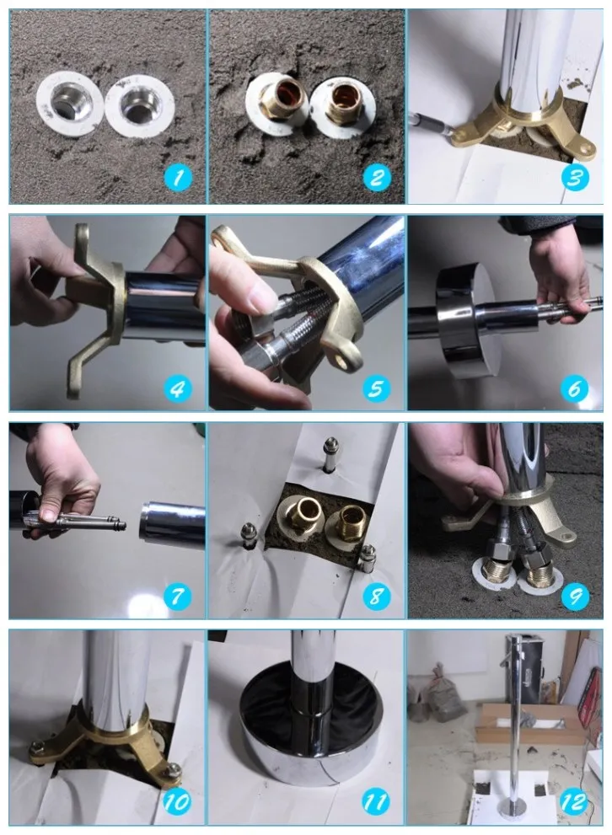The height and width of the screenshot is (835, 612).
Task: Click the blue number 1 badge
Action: tap(177, 177)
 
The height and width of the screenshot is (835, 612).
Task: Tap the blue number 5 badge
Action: tap(376, 388)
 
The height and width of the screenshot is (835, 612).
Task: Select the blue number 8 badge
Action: tap(376, 596)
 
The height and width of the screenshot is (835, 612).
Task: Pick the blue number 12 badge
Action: tap(574, 802)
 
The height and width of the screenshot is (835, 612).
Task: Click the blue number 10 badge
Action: tap(176, 802)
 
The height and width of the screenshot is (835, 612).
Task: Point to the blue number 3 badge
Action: tap(575, 177)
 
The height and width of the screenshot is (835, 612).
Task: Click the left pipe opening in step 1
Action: tap(69, 104)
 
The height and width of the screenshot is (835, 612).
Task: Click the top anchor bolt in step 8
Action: tap(330, 453)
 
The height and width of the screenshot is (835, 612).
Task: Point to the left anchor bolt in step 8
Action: tap(248, 535)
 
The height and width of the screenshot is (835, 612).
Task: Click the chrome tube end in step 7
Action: tap(172, 525)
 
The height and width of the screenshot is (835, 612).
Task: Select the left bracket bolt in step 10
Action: tap(38, 746)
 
